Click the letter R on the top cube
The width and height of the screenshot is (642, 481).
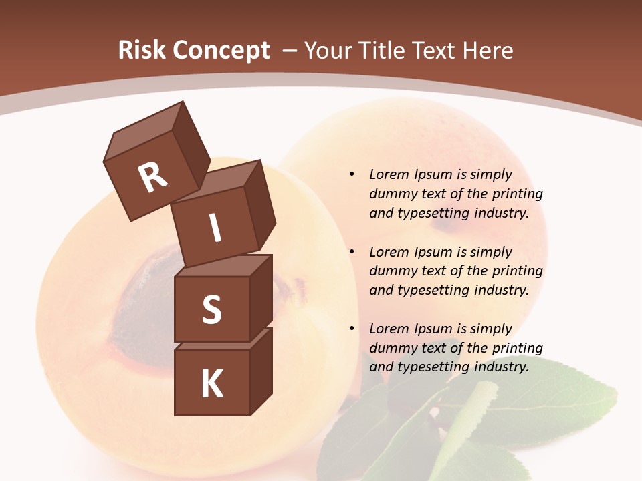[x=152, y=178]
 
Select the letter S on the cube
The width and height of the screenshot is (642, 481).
[x=211, y=309]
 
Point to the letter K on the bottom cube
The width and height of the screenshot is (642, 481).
[x=211, y=384]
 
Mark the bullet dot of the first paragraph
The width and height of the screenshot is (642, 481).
[x=352, y=174]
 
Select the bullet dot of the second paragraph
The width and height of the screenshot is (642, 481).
[x=352, y=252]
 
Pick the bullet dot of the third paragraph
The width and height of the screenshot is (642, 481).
[x=352, y=329]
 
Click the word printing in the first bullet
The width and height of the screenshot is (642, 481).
[x=517, y=194]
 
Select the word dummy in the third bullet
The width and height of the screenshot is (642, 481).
[x=391, y=348]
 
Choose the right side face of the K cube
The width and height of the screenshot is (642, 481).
[x=261, y=371]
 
